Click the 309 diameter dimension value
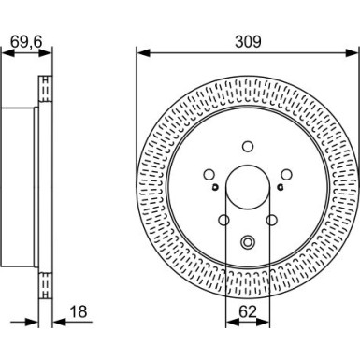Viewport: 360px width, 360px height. point(247,41)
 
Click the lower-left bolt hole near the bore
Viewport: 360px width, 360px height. point(223,221)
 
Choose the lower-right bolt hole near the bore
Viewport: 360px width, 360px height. point(271,221)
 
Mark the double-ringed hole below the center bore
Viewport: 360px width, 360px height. point(247,242)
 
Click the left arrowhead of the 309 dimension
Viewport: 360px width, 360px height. point(140,53)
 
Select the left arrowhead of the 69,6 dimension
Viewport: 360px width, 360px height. point(5,53)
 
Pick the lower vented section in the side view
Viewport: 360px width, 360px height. point(43,281)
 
